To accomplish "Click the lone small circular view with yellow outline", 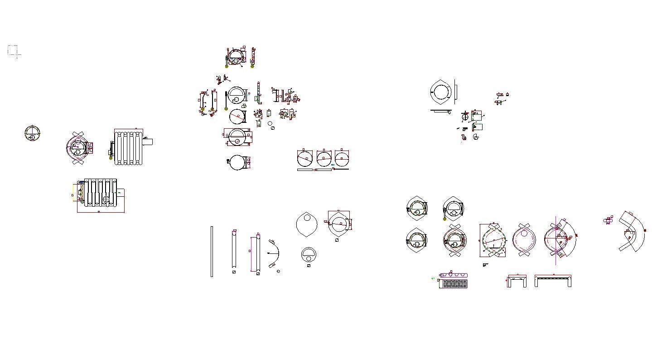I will (x=33, y=133).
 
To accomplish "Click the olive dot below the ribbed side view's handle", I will (x=111, y=158).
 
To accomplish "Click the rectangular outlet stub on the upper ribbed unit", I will (x=147, y=142).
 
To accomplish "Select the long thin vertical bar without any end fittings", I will (x=212, y=251).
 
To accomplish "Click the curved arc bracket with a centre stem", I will (x=274, y=253).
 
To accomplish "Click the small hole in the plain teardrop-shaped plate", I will (x=308, y=218).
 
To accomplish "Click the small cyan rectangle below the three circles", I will (x=333, y=165).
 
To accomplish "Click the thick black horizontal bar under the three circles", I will (x=340, y=169).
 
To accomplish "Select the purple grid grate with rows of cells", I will (x=454, y=284).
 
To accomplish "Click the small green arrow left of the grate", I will (x=433, y=279).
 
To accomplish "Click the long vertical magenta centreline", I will (x=556, y=240).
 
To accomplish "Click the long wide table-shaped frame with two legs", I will (x=553, y=280).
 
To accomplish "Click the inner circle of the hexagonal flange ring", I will (x=441, y=92).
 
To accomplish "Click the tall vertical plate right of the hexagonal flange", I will (x=455, y=92).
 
